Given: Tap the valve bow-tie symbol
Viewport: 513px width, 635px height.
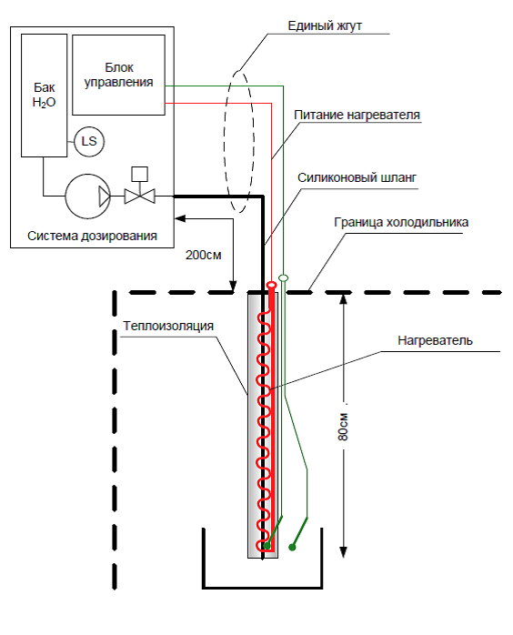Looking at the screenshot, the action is [140, 197].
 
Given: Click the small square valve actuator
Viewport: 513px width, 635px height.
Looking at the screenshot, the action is [140, 174].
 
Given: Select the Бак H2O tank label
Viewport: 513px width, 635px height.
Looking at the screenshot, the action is [45, 95].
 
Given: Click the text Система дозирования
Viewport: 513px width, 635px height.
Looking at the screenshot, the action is [92, 236].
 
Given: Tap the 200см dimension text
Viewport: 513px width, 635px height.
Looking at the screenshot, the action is [203, 255].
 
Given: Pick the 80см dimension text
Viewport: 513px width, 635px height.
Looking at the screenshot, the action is [343, 427].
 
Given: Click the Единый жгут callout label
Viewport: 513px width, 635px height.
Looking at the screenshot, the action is [325, 25].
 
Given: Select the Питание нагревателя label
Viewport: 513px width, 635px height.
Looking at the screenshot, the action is [357, 115].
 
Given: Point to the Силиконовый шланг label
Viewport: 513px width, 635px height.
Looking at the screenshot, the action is [357, 177].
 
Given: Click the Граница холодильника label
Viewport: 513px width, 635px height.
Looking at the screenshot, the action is [401, 222].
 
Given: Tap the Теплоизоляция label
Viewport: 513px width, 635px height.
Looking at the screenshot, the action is [168, 326].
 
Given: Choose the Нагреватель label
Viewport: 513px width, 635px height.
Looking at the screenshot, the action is [435, 340].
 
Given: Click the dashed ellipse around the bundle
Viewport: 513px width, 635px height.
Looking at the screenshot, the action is [225, 142].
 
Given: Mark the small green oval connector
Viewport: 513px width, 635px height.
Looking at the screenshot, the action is [284, 277].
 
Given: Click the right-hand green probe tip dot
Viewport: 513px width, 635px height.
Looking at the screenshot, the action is [292, 548].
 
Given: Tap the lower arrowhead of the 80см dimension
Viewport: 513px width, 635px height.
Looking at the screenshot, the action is [343, 552].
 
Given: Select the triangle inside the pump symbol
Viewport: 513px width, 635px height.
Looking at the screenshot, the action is [105, 197].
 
